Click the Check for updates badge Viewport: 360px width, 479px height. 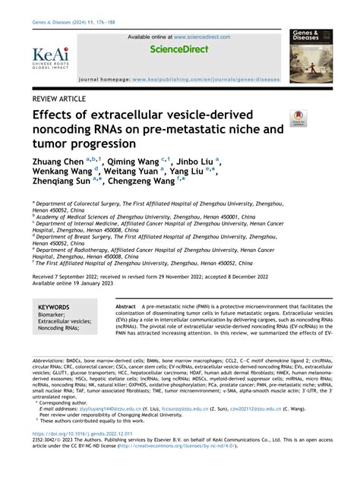298,118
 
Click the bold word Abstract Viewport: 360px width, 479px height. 126,305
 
